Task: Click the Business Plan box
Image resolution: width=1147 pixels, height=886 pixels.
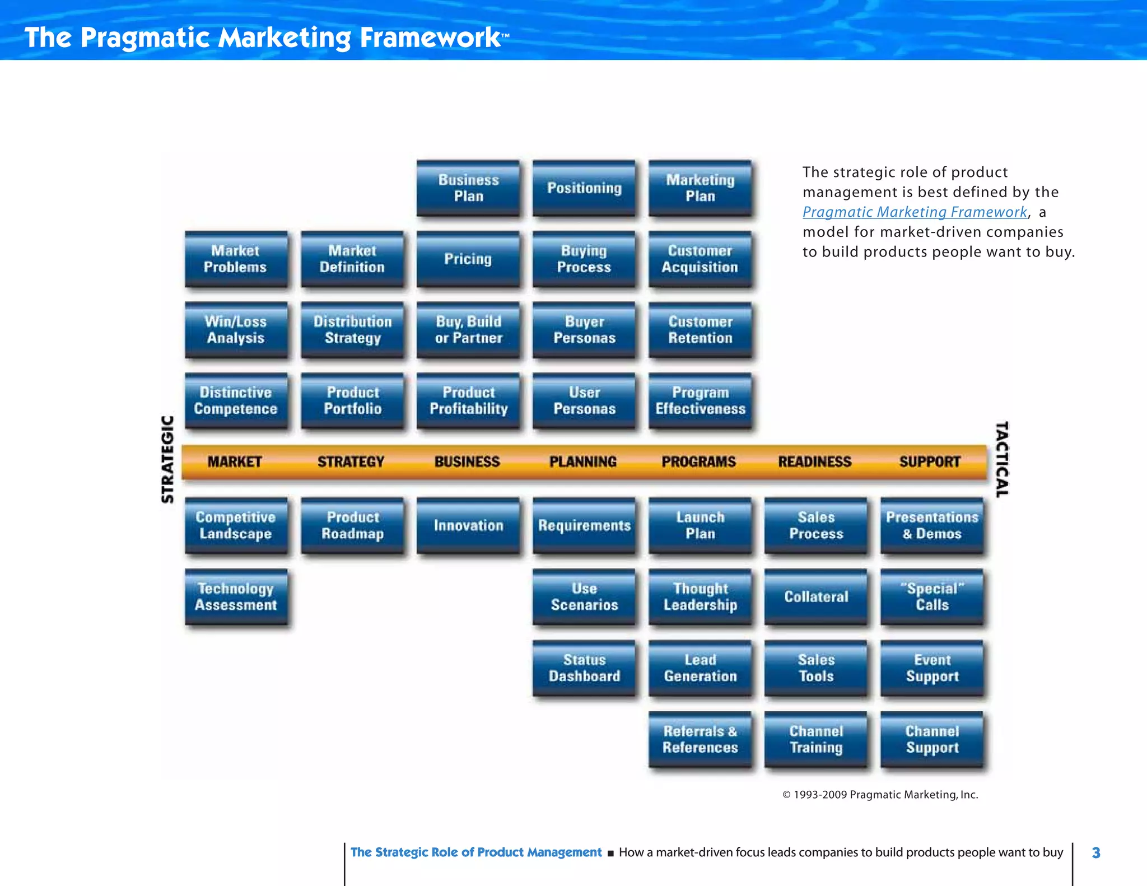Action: point(468,188)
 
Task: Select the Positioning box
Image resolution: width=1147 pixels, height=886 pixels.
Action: point(584,188)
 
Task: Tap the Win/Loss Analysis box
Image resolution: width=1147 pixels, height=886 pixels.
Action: point(236,330)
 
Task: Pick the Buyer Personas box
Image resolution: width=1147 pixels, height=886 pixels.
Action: point(584,330)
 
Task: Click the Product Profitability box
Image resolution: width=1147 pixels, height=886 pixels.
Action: point(468,400)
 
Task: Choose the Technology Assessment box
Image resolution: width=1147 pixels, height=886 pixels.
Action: point(236,596)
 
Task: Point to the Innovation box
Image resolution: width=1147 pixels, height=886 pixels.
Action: point(468,525)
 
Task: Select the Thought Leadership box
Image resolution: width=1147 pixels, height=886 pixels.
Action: point(700,596)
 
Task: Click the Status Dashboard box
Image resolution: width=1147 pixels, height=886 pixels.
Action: point(584,668)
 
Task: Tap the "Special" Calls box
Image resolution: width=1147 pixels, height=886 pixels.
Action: point(932,596)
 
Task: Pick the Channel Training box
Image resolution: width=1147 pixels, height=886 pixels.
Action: point(816,739)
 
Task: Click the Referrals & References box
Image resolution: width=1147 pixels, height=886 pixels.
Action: point(700,739)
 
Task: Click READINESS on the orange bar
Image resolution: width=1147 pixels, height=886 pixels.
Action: point(814,462)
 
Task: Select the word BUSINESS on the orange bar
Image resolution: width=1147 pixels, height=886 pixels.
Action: point(467,462)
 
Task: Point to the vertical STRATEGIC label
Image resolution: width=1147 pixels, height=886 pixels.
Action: point(167,459)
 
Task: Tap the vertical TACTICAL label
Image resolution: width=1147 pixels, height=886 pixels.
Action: point(1002,459)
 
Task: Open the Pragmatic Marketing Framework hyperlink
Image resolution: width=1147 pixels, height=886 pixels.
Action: point(915,212)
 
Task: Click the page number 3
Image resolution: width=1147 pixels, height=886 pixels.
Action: point(1096,853)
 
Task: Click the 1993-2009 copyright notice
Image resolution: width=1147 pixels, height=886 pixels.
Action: point(880,795)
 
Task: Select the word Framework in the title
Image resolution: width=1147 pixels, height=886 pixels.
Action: point(430,38)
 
